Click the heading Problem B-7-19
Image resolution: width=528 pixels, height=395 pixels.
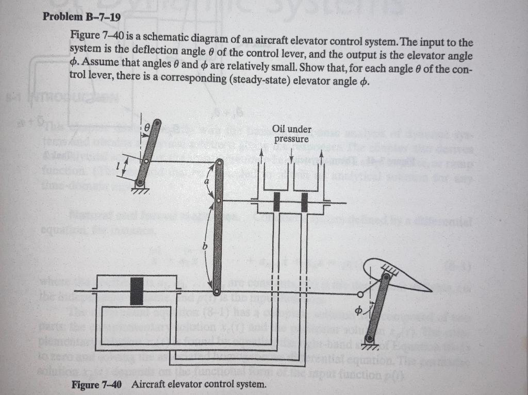[x=82, y=17]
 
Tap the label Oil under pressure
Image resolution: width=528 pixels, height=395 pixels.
[x=291, y=134]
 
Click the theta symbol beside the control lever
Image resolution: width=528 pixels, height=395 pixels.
[x=147, y=126]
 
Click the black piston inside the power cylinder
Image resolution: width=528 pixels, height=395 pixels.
[x=137, y=291]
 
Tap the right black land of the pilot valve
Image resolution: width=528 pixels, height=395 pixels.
[x=305, y=202]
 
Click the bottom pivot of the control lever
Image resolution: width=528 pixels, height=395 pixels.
[x=139, y=183]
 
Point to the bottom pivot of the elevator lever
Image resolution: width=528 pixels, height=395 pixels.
[x=369, y=338]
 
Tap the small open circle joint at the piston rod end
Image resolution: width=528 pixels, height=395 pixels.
[x=359, y=294]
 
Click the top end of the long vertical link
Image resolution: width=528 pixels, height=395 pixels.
[x=219, y=163]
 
